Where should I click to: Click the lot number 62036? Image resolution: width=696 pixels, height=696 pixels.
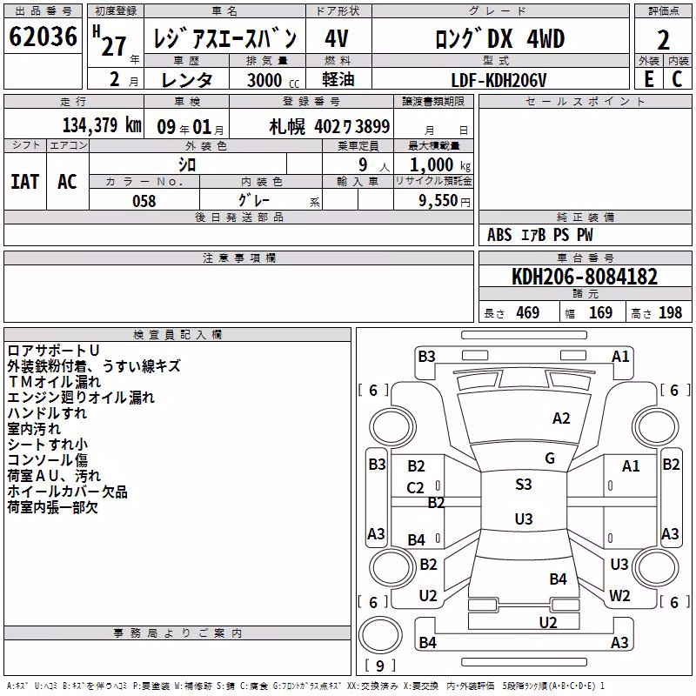click(x=43, y=37)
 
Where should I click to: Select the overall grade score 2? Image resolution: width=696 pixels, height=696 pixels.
click(x=663, y=40)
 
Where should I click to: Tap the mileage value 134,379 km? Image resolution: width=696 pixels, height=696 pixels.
click(x=102, y=125)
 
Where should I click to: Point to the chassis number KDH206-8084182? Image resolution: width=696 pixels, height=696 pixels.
click(x=585, y=277)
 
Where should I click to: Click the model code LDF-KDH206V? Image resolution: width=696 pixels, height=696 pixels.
click(x=499, y=80)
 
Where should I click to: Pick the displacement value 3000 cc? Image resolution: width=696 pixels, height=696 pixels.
click(x=273, y=80)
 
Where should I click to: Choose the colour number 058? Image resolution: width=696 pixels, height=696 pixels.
click(x=144, y=201)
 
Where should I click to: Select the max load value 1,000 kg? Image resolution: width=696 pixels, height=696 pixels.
click(x=440, y=165)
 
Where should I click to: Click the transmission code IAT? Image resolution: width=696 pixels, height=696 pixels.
click(x=25, y=182)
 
